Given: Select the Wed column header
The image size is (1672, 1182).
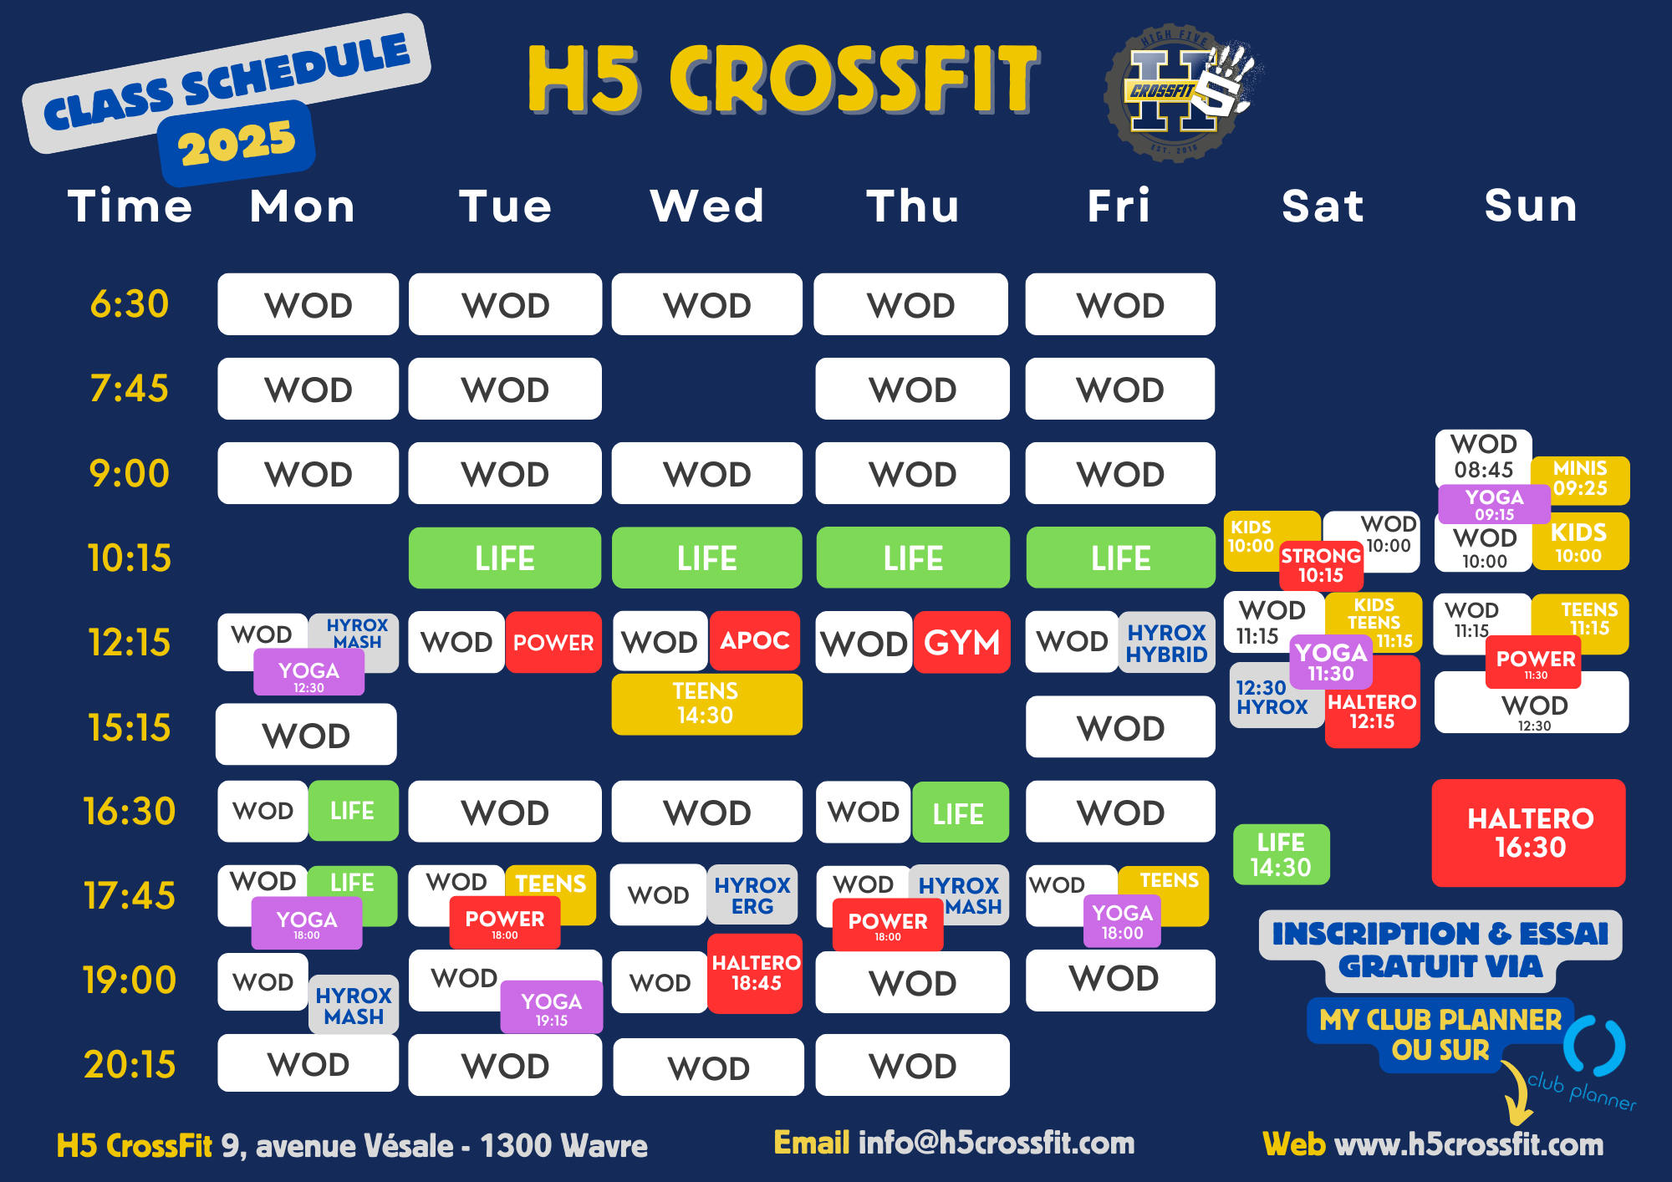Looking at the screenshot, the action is pyautogui.click(x=707, y=206).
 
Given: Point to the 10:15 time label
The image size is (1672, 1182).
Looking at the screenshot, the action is pyautogui.click(x=130, y=558).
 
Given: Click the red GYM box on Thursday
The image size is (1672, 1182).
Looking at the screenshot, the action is pyautogui.click(x=961, y=642).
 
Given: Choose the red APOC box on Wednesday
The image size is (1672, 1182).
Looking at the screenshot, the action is pyautogui.click(x=755, y=640).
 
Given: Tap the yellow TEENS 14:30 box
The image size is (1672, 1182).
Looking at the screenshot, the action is pyautogui.click(x=706, y=704).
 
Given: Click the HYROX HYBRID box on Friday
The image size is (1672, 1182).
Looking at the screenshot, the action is pyautogui.click(x=1166, y=643).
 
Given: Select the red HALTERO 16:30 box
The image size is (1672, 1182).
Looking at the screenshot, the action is pyautogui.click(x=1529, y=833).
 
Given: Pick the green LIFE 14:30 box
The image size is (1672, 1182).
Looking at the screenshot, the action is pyautogui.click(x=1281, y=854).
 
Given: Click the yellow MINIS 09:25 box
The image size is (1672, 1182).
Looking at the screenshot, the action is pyautogui.click(x=1580, y=480).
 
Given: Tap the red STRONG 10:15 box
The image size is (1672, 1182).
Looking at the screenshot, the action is pyautogui.click(x=1321, y=566).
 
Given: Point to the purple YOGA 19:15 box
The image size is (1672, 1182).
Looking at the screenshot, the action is pyautogui.click(x=552, y=1007).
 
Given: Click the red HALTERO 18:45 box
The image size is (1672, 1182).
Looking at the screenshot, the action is pyautogui.click(x=755, y=974).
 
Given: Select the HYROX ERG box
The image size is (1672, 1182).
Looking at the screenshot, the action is pyautogui.click(x=752, y=894).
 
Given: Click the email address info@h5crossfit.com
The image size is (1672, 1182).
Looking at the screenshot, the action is pyautogui.click(x=997, y=1143).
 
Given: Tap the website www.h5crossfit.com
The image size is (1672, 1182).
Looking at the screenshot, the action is pyautogui.click(x=1469, y=1144).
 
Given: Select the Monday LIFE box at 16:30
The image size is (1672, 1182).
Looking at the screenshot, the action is pyautogui.click(x=353, y=811).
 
